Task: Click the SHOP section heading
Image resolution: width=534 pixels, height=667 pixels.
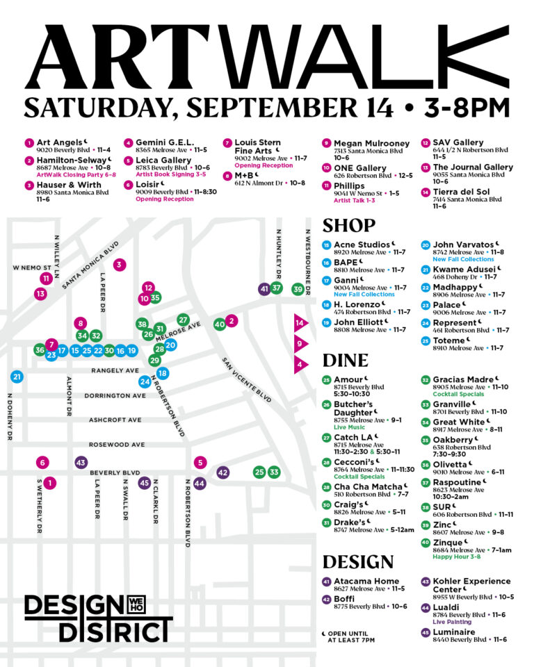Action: click(x=349, y=227)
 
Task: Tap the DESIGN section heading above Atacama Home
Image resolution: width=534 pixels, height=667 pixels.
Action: click(x=358, y=562)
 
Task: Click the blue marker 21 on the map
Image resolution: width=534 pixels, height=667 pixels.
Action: click(x=17, y=377)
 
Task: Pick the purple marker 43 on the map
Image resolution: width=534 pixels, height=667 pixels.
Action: click(x=81, y=463)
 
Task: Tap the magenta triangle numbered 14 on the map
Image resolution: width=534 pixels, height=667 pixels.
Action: click(x=300, y=323)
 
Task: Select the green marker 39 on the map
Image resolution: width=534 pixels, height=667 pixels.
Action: click(x=298, y=289)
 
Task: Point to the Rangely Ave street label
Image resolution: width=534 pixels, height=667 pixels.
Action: click(x=115, y=371)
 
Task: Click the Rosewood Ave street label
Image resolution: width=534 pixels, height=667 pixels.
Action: click(x=117, y=445)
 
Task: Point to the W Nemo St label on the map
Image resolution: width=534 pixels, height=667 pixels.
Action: click(x=32, y=267)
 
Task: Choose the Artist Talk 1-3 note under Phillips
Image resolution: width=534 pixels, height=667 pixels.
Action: click(x=355, y=200)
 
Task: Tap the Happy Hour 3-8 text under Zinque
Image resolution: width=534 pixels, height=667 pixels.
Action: click(x=458, y=557)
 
